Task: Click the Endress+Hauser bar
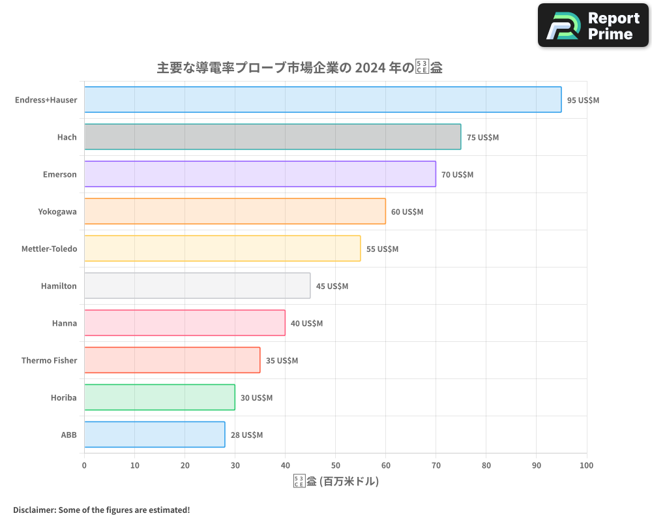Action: tap(323, 100)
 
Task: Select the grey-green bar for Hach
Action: tap(273, 137)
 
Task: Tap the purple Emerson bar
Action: tap(259, 174)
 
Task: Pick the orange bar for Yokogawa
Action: tap(235, 211)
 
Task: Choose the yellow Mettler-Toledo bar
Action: tap(222, 249)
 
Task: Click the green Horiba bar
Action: tap(159, 397)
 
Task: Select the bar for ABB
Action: tap(155, 435)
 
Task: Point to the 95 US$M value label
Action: tap(583, 100)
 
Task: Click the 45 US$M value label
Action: tap(332, 286)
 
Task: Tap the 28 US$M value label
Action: tap(246, 435)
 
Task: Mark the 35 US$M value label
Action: tap(282, 361)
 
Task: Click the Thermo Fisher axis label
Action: tap(49, 361)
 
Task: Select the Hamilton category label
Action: tap(59, 286)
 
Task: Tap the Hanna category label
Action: tap(65, 324)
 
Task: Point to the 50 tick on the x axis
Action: tap(335, 465)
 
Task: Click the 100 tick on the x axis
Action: tap(586, 465)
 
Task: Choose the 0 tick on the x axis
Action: tap(84, 465)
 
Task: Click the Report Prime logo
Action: tap(593, 25)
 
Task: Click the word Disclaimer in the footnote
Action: tap(34, 510)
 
